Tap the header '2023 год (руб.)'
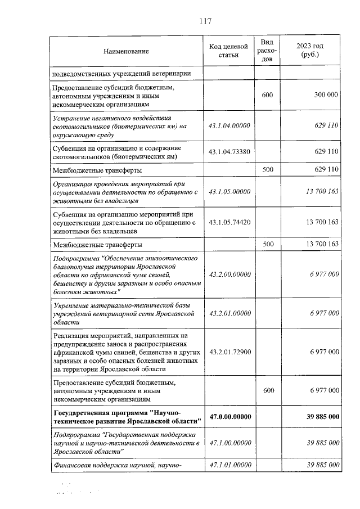pos(310,50)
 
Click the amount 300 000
pos(326,95)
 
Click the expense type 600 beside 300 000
pos(267,95)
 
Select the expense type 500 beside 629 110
pos(267,169)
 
